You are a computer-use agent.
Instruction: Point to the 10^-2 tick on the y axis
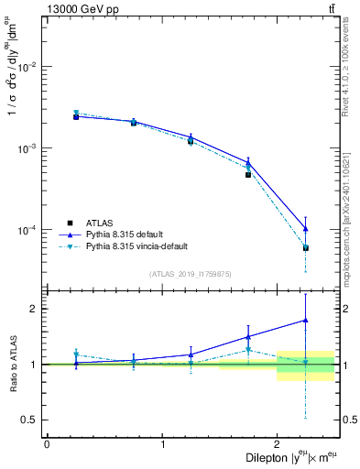[29, 67]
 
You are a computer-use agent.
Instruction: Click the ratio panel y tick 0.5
[30, 420]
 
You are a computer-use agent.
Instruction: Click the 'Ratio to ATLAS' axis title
[11, 364]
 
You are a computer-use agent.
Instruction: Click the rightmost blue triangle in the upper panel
[306, 229]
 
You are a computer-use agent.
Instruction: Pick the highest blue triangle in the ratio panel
[306, 321]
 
